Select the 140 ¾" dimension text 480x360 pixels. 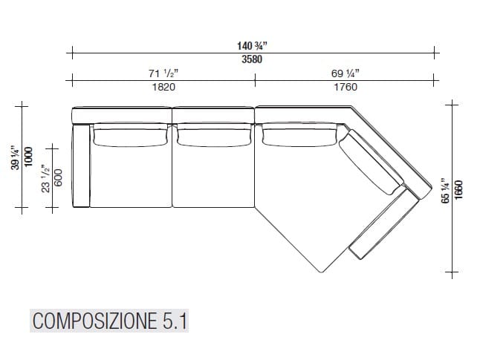[x=252, y=46]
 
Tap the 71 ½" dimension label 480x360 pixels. [x=163, y=73]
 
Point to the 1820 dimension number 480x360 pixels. [x=163, y=87]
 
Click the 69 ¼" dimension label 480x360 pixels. [x=345, y=73]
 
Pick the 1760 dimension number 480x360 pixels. [x=345, y=87]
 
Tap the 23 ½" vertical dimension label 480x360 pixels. [x=46, y=178]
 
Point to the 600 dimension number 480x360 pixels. [x=59, y=178]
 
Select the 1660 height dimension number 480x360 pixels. [x=459, y=189]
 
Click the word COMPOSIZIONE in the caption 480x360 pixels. [x=93, y=321]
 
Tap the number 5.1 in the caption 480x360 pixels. [x=175, y=321]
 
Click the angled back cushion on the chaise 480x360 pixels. [x=375, y=163]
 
